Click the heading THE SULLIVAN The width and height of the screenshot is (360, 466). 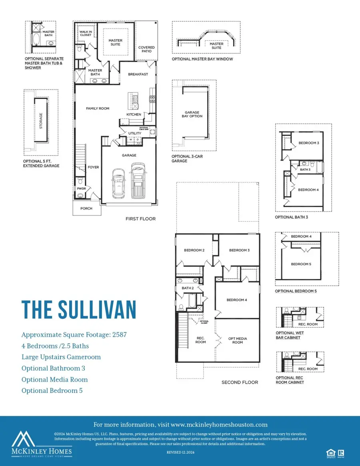(79, 310)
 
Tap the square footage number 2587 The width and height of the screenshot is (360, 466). (119, 335)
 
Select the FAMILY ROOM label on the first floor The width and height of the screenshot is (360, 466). (98, 108)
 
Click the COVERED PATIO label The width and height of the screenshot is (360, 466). (146, 50)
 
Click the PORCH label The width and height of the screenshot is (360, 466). (86, 208)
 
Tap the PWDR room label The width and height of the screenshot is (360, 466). (82, 188)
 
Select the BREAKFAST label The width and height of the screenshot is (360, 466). (138, 74)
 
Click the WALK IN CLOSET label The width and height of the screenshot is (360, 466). (85, 33)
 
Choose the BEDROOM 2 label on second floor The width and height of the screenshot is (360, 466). (194, 250)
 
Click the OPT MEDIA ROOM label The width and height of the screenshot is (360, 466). (238, 340)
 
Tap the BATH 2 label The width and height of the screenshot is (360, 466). (188, 288)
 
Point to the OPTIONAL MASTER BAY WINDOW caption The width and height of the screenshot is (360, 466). (202, 59)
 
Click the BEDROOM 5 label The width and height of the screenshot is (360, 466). (300, 264)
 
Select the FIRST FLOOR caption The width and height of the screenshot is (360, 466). (140, 219)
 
